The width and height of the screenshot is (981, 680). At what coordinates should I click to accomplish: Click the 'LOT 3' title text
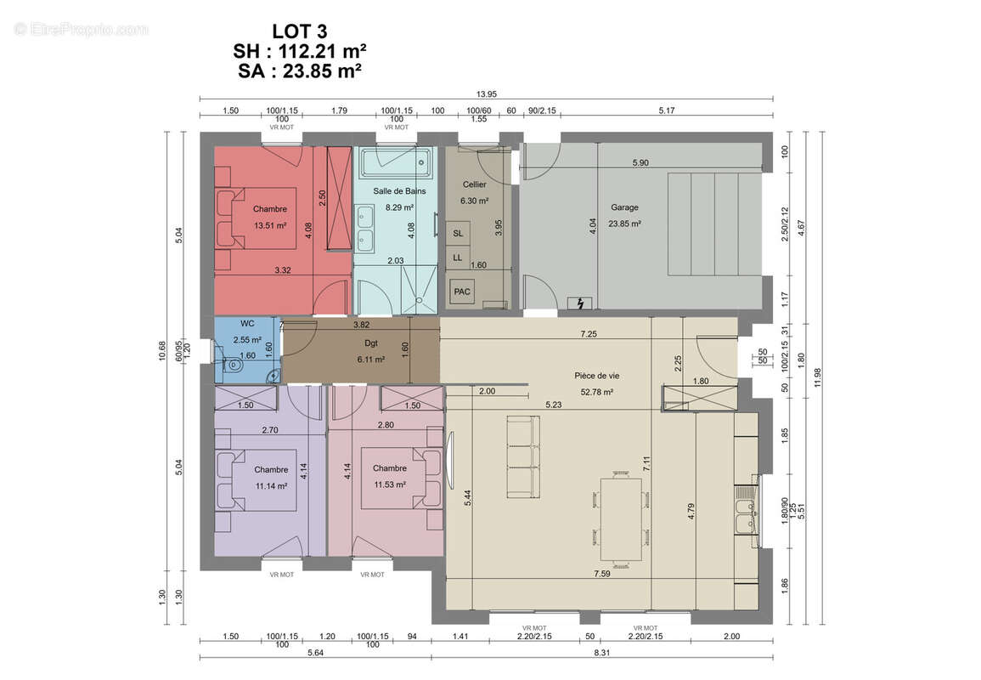[300, 31]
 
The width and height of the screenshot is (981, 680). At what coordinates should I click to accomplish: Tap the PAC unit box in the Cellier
[462, 292]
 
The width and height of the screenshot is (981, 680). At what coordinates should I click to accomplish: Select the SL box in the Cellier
[458, 233]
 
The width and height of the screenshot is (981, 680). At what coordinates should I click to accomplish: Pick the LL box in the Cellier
[458, 258]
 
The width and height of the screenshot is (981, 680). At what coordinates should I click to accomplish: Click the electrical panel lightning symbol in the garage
[580, 303]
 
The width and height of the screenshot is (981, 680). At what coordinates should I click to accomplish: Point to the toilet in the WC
[231, 364]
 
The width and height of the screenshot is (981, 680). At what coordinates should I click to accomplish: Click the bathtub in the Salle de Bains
[394, 161]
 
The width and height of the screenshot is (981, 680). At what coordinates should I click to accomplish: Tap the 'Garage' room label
[624, 207]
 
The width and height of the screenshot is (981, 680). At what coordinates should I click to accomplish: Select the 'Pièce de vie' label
[597, 376]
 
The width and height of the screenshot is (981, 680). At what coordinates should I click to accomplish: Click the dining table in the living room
[621, 519]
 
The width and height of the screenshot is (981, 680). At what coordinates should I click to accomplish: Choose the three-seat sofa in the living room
[522, 457]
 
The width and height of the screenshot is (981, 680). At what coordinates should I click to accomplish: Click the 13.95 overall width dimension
[486, 94]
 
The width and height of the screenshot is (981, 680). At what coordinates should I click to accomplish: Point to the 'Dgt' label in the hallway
[371, 343]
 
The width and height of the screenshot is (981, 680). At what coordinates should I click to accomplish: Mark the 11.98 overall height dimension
[818, 377]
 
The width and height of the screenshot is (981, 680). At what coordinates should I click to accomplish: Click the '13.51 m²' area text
[270, 225]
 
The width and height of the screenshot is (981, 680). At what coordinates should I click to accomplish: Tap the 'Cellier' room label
[474, 184]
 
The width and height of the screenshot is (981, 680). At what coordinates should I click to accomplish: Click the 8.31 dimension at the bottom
[602, 653]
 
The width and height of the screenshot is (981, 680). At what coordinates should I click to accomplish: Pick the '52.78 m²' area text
[597, 392]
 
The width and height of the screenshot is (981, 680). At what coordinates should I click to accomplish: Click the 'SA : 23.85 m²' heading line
[300, 71]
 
